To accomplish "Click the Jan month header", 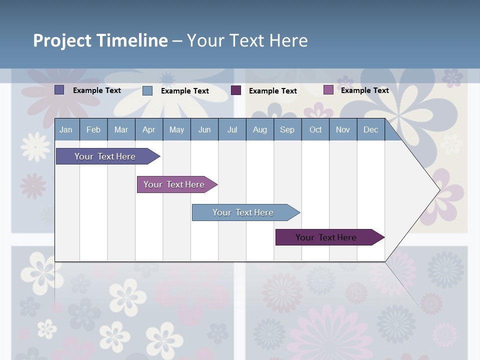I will pos(66,129).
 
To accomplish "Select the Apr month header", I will pos(148,129).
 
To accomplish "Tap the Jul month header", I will pos(232,129).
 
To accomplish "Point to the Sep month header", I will pos(287,129).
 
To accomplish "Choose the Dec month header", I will pos(370,129).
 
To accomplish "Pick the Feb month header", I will pos(93,129).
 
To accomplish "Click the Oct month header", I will pos(315,129).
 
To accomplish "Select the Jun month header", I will pos(204,129).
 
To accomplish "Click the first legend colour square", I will pos(59,90).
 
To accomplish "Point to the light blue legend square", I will pos(147,90).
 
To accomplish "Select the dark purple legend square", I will pos(236,90).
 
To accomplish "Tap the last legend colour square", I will pos(328,90).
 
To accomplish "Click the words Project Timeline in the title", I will pos(100,40).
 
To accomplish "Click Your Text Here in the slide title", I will pos(247,40).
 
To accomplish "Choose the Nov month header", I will pos(343,129).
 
